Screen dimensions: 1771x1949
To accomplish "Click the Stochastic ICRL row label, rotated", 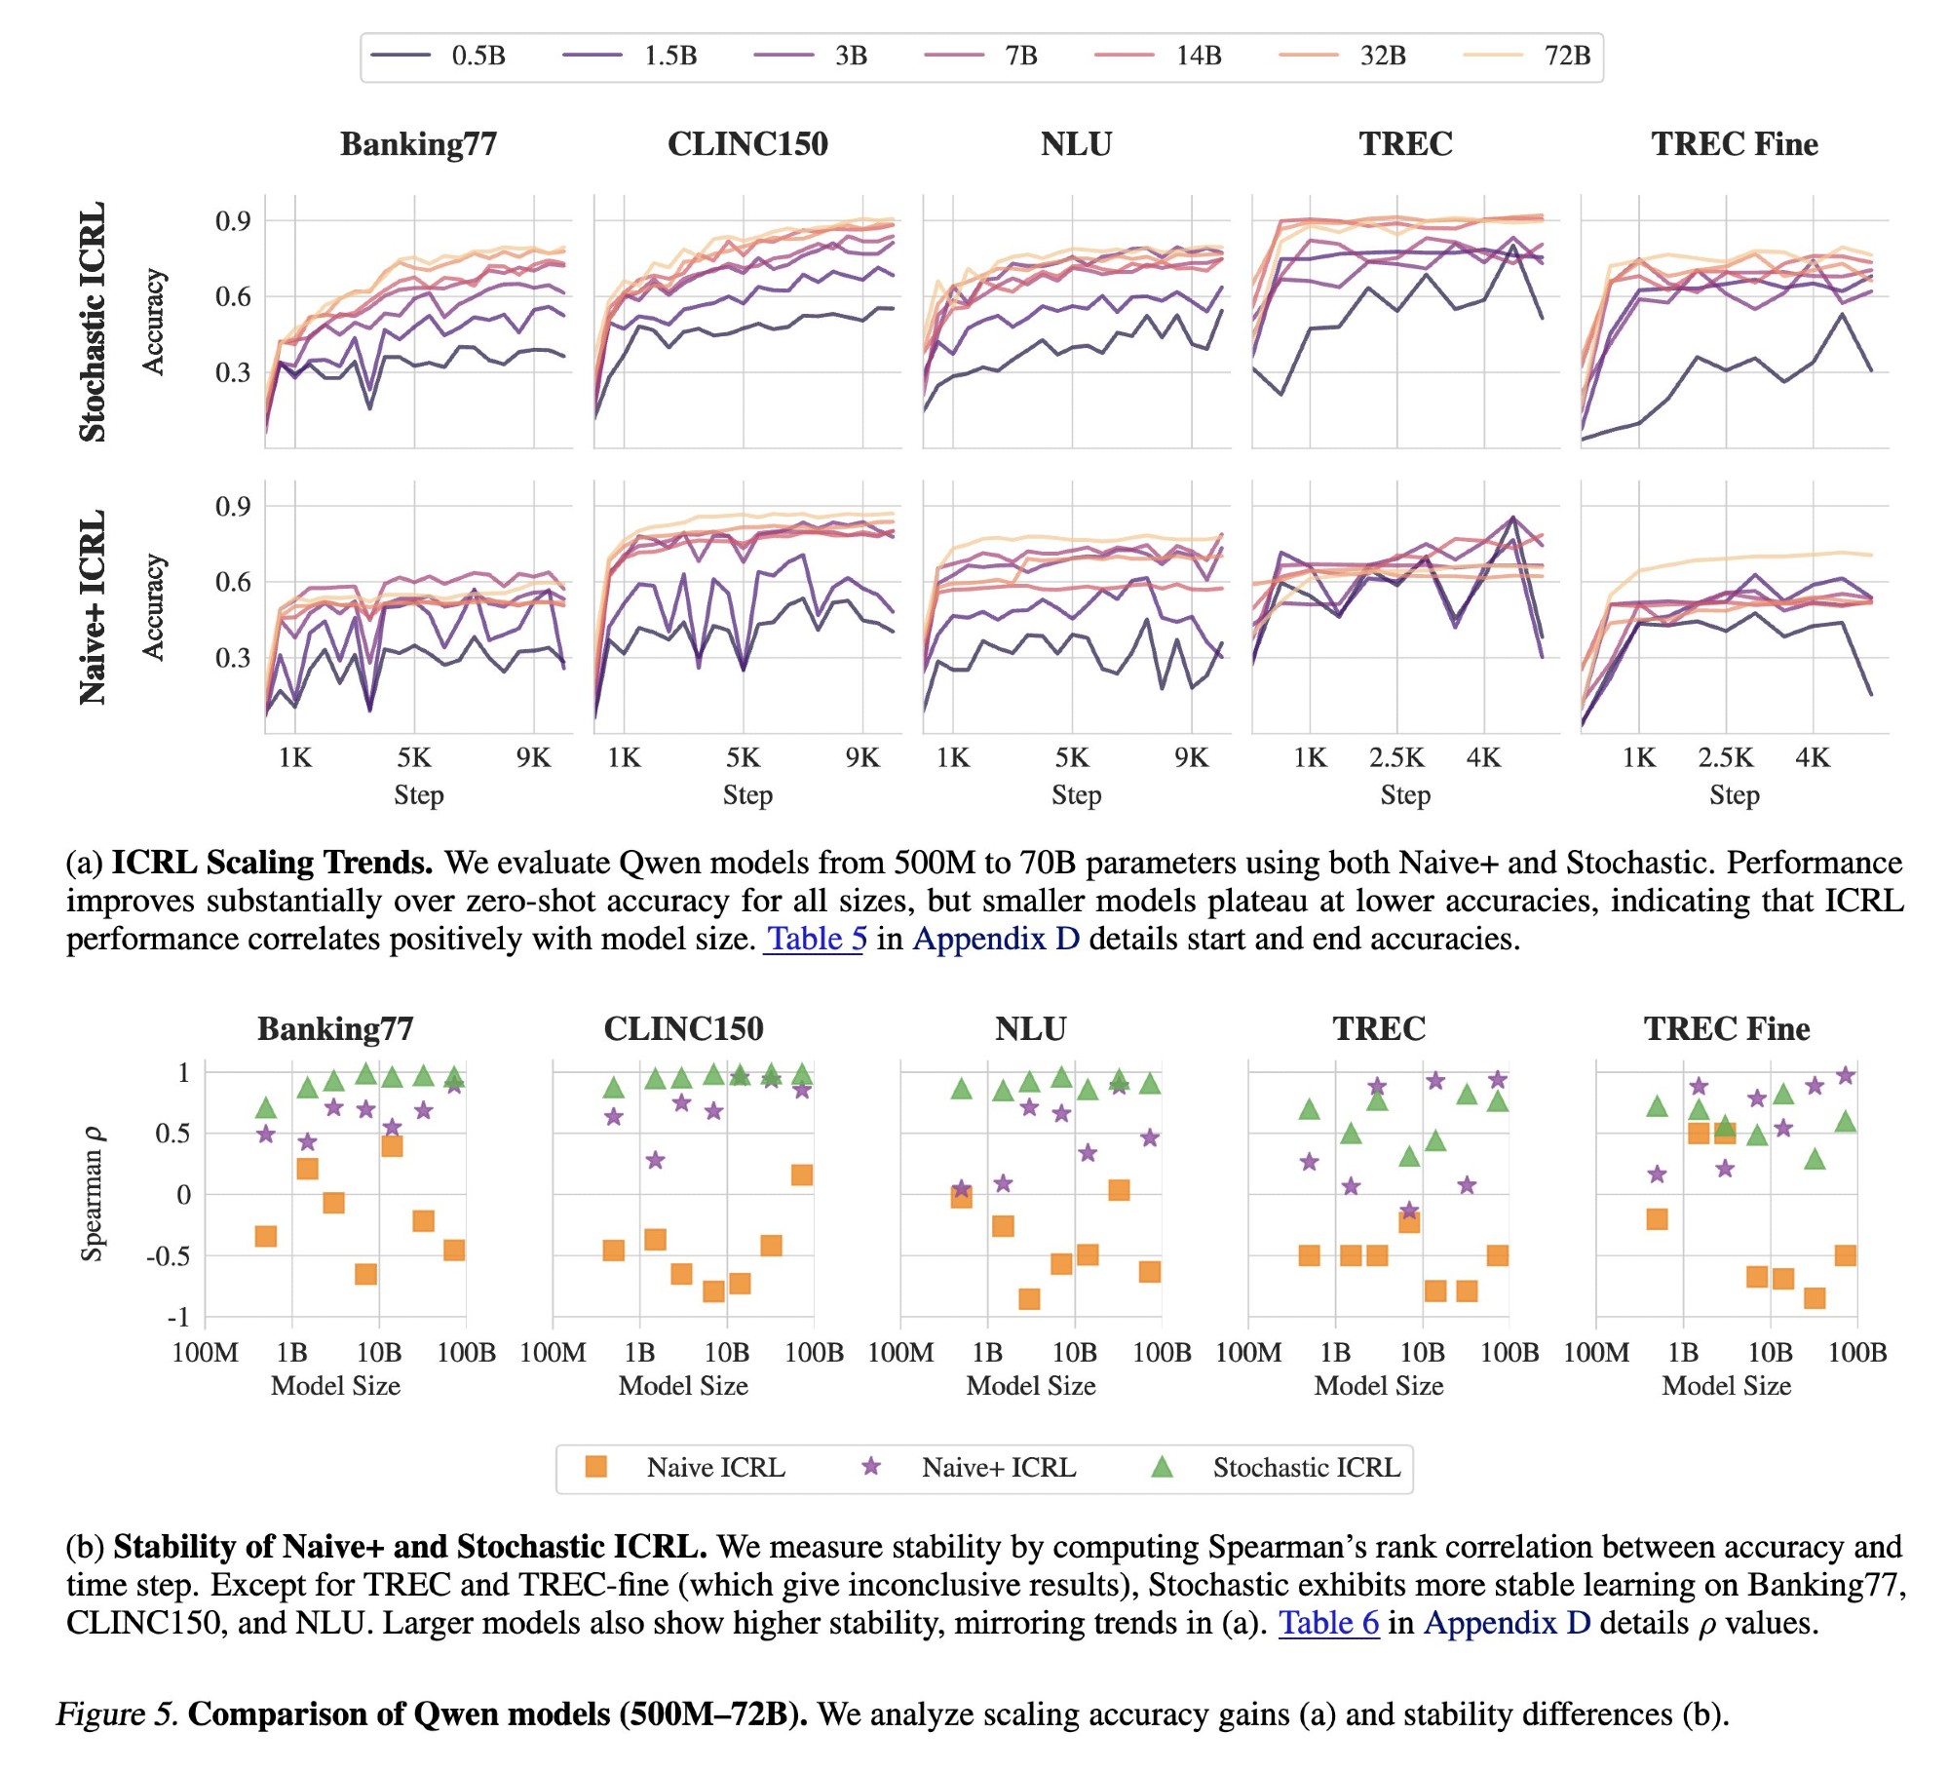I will point(93,322).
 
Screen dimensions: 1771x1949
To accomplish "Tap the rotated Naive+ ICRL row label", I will point(93,606).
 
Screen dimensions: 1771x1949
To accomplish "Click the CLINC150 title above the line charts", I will point(747,144).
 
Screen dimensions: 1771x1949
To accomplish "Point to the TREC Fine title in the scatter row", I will point(1726,1029).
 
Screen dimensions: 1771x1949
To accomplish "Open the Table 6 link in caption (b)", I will point(1328,1623).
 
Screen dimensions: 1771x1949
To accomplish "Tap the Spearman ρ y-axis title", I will point(93,1194).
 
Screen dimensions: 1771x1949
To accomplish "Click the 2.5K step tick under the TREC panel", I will point(1396,757).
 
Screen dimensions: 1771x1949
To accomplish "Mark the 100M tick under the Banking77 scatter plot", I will point(205,1353).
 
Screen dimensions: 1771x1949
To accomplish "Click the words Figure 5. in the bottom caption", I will point(117,1714).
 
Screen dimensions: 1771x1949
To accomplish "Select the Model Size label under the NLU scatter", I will point(1031,1386).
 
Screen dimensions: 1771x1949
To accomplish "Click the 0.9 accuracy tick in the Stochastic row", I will point(233,221).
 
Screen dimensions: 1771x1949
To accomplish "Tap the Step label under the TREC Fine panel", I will point(1734,795).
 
